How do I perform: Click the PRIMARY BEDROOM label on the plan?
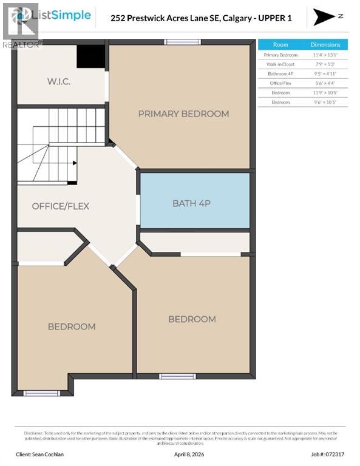(x=183, y=113)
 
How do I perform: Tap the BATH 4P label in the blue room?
(x=191, y=203)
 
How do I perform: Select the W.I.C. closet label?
(x=59, y=81)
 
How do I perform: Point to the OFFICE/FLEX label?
(x=60, y=206)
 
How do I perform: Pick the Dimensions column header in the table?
(x=325, y=44)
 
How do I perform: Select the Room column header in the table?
(x=280, y=44)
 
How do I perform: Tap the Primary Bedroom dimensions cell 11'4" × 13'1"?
(x=325, y=55)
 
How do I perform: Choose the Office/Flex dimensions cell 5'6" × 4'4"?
(x=325, y=83)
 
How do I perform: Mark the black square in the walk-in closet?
(x=90, y=57)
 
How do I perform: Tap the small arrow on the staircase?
(x=74, y=163)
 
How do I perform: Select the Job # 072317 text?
(x=327, y=453)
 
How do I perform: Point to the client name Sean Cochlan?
(x=41, y=453)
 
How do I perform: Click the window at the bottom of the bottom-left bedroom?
(x=41, y=393)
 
